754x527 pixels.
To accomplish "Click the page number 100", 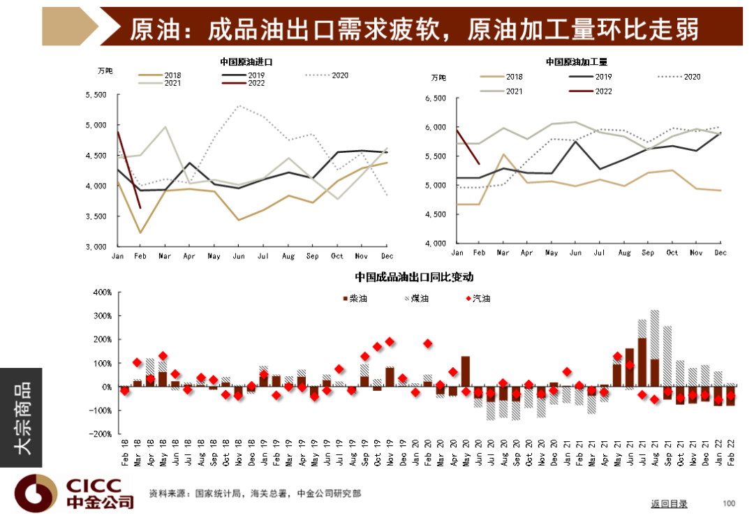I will pos(729,503).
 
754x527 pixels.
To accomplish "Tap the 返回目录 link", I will pos(669,503).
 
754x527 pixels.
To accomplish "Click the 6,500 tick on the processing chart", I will pos(434,98).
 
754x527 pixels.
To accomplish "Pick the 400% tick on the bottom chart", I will pos(102,292).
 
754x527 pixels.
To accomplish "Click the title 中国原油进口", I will pos(246,62).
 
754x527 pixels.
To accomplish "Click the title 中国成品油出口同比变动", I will pos(414,276).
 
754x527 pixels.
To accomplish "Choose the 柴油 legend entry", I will pos(355,298).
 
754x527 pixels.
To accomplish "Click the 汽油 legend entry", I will pos(476,298).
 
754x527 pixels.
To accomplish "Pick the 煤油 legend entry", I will pos(416,298).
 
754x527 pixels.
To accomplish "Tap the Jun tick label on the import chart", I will pos(239,255).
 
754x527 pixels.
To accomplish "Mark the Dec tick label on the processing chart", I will pos(720,252).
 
